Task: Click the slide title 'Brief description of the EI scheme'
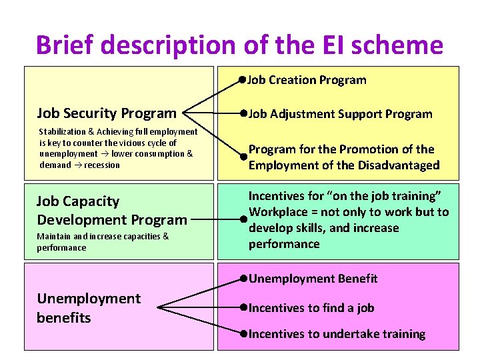tap(239, 45)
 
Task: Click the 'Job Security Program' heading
tap(107, 113)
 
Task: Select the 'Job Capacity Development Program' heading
tap(112, 210)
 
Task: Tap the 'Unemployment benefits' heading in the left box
tap(89, 308)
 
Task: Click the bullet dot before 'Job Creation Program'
tap(244, 80)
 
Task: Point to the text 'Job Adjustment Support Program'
tap(341, 114)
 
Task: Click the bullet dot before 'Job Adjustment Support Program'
tap(245, 114)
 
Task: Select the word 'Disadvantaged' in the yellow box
tap(401, 165)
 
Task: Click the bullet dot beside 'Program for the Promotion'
tap(245, 157)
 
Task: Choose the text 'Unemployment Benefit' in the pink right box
tap(313, 279)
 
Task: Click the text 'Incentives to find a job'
tap(311, 308)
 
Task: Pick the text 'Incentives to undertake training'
tap(337, 334)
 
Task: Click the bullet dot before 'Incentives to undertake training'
tap(245, 334)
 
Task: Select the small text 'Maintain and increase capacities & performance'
tap(103, 242)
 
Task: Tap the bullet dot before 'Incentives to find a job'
tap(245, 308)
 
